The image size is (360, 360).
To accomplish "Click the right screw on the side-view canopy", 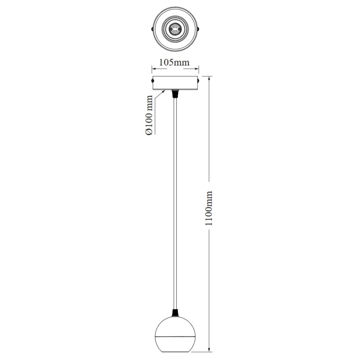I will tap(199, 81).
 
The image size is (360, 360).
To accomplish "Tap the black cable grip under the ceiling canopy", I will tap(175, 93).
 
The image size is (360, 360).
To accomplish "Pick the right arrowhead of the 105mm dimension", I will tap(197, 69).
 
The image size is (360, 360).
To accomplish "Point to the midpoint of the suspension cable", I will tap(175, 203).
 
